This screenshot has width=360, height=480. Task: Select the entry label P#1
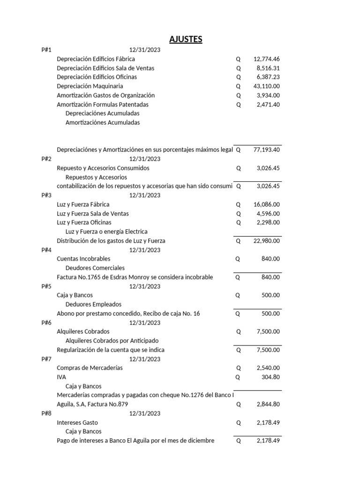click(x=46, y=50)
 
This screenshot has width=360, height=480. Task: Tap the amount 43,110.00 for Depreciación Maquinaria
click(x=266, y=86)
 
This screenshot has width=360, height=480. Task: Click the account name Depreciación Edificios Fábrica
click(x=96, y=59)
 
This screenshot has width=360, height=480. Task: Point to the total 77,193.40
click(x=266, y=150)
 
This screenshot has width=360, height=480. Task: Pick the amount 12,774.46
click(x=266, y=59)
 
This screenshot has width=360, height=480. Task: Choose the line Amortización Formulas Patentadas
click(x=103, y=105)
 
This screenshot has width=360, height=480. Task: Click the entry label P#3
click(x=46, y=195)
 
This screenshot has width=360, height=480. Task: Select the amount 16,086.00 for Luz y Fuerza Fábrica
click(x=266, y=204)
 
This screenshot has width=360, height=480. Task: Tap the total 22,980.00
click(x=266, y=241)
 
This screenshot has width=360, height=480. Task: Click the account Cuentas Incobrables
click(x=83, y=259)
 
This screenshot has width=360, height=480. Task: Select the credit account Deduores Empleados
click(x=93, y=304)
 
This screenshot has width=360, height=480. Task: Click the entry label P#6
click(x=46, y=322)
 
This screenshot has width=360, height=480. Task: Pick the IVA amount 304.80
click(x=270, y=377)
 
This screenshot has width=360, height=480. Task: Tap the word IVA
click(x=61, y=377)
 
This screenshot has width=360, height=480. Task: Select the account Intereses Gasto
click(x=77, y=422)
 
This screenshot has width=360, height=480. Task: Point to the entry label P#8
click(x=46, y=413)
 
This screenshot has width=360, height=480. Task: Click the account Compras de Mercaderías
click(x=90, y=368)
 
